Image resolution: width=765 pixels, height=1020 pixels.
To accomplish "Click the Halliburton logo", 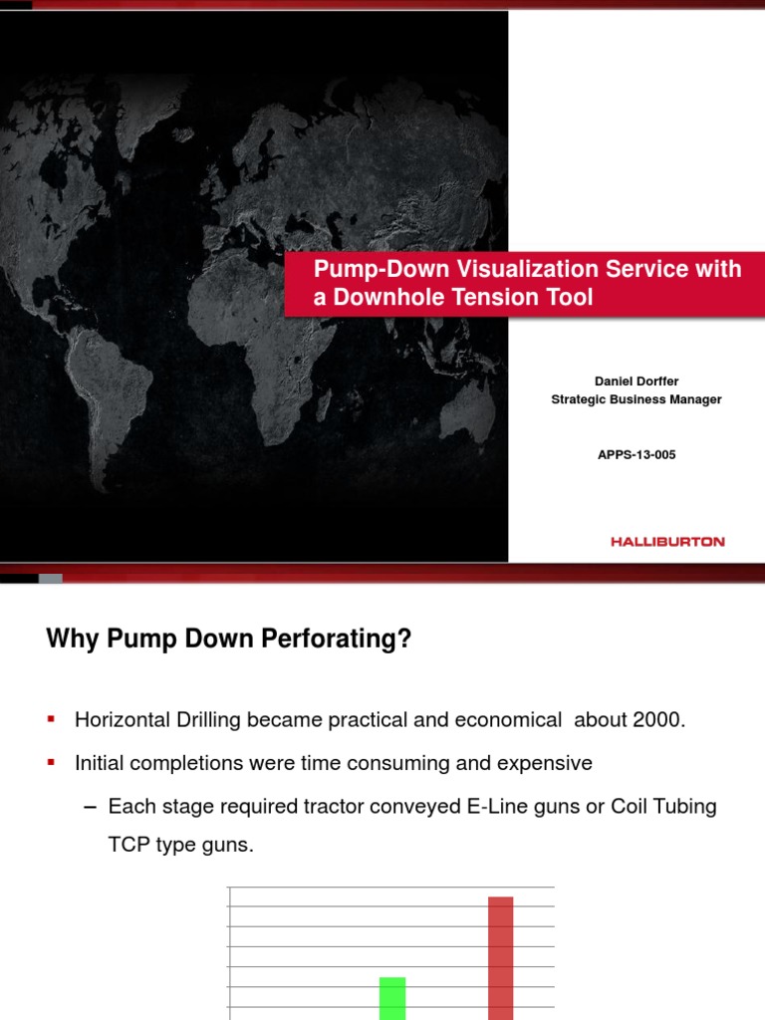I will pyautogui.click(x=667, y=542).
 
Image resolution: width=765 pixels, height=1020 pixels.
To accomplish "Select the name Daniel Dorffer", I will pyautogui.click(x=637, y=380).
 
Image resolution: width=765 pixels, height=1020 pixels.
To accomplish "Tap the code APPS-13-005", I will pyautogui.click(x=637, y=454).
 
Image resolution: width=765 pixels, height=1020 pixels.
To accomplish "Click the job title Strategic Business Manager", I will pyautogui.click(x=637, y=399).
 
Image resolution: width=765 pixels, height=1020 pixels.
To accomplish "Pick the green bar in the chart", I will pyautogui.click(x=392, y=998).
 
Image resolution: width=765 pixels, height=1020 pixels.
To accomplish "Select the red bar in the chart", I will pyautogui.click(x=501, y=956).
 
